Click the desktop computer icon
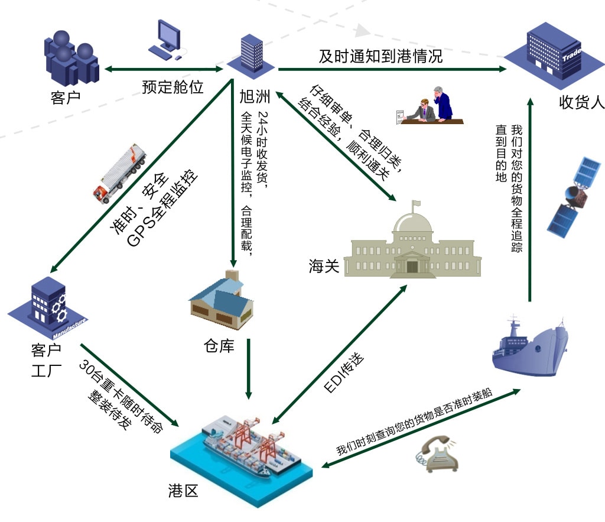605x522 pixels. (x=166, y=41)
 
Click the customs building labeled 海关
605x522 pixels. (x=413, y=248)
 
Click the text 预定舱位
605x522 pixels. (x=173, y=87)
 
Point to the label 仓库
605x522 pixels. (x=219, y=346)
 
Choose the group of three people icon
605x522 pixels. (x=70, y=57)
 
